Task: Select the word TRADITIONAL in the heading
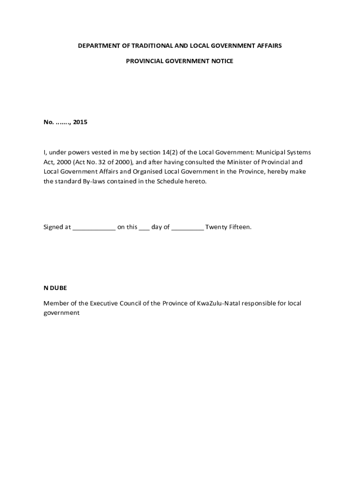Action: click(148, 46)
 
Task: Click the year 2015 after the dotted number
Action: click(80, 122)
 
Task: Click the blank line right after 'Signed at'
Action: click(94, 228)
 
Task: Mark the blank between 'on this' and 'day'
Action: click(144, 228)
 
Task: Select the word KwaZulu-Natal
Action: click(216, 303)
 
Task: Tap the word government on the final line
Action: click(62, 313)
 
